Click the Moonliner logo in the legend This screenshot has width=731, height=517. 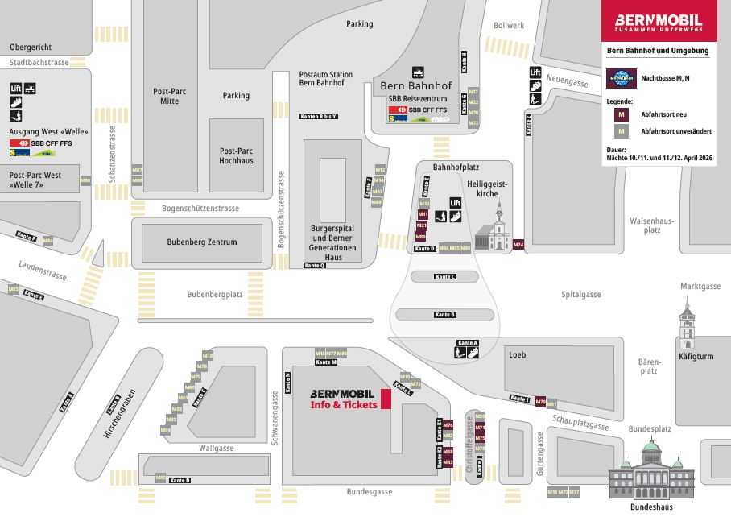621,78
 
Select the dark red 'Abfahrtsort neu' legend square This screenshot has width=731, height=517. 622,114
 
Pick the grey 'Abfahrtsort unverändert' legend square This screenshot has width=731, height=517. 622,131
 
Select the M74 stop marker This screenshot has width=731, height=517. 518,244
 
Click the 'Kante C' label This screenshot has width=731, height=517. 445,276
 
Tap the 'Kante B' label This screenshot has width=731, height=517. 445,314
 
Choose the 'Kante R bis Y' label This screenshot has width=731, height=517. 318,117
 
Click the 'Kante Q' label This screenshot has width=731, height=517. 315,265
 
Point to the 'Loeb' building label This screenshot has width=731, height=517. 517,354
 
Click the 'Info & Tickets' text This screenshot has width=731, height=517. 344,405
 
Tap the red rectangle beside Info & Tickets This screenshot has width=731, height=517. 386,399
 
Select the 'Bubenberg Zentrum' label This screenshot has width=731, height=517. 201,242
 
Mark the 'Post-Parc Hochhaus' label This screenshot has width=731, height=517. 236,155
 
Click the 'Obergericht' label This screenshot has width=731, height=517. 31,46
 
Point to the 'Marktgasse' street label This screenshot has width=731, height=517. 700,286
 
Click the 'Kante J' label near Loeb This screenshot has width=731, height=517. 521,399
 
